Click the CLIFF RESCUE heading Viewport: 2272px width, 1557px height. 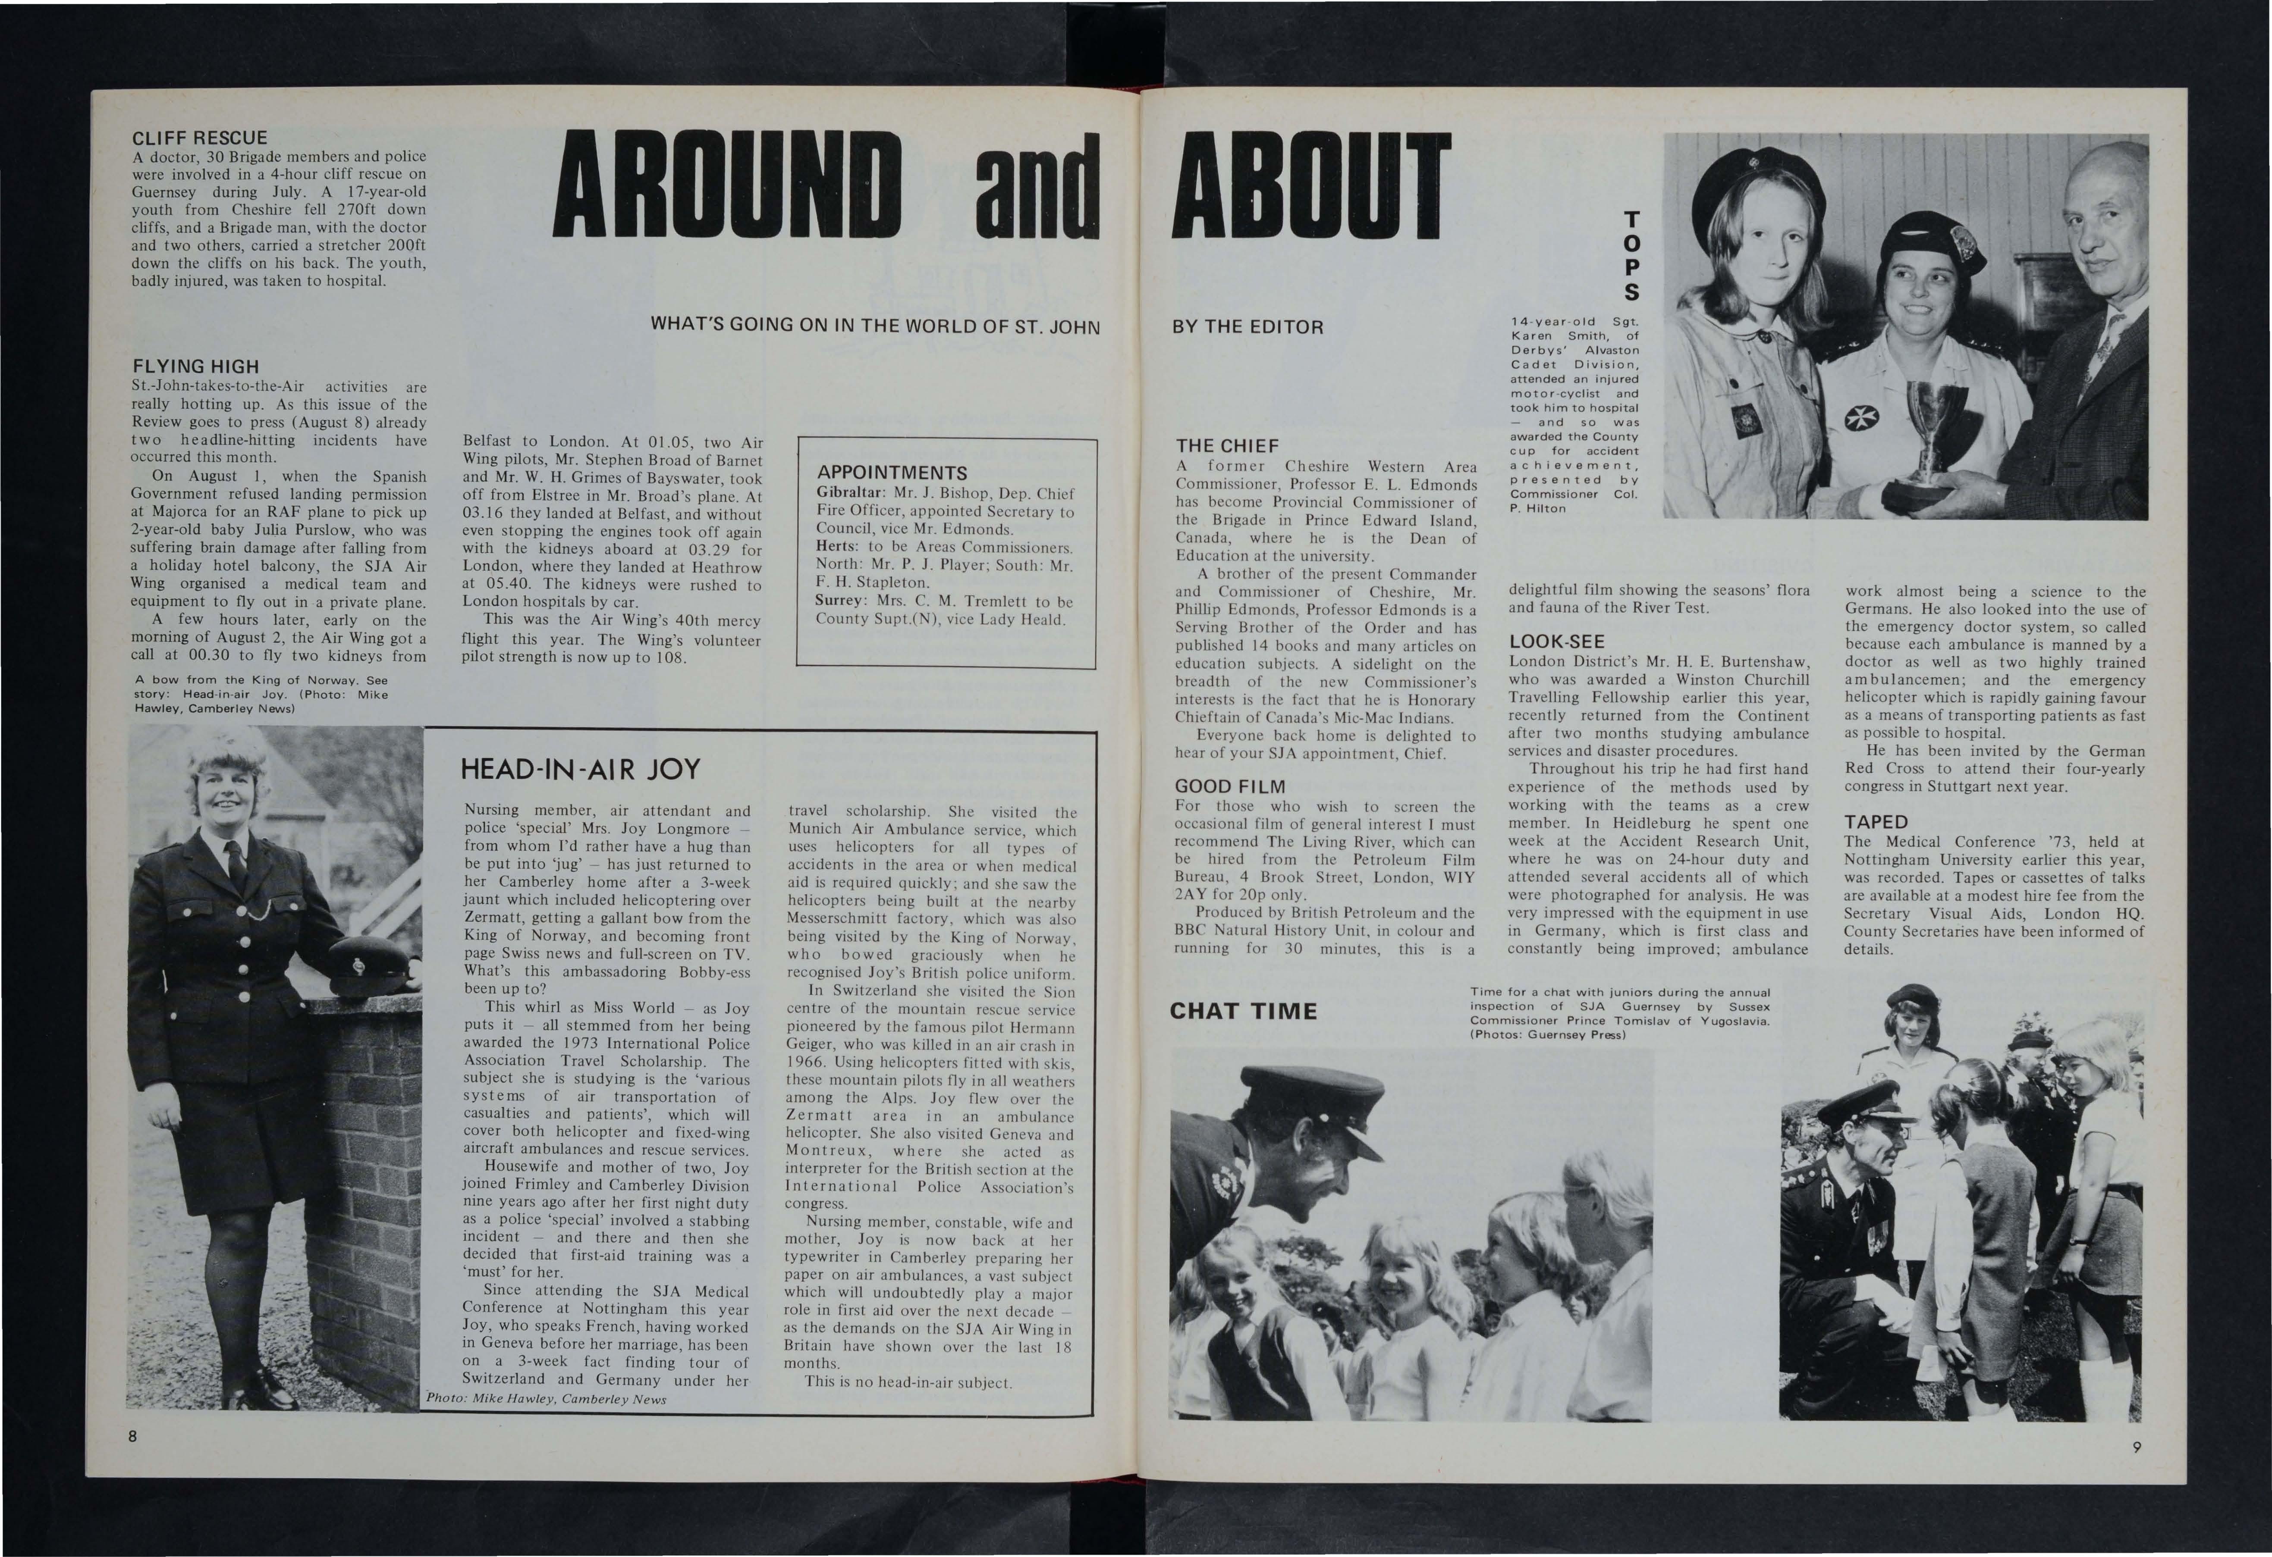point(199,138)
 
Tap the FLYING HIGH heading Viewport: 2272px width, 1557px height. point(195,367)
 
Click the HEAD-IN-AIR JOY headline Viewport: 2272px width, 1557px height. point(581,769)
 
